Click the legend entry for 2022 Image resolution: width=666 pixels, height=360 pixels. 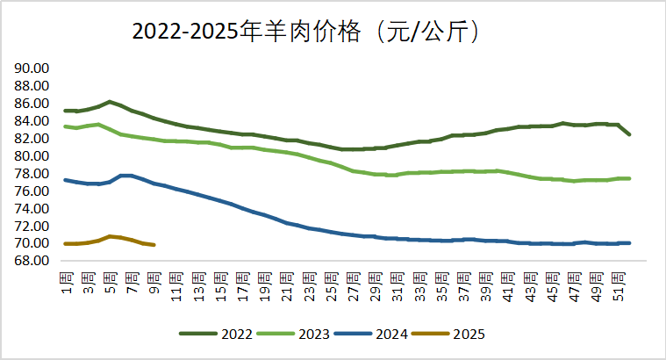[216, 334]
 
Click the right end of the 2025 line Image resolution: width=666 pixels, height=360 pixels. [154, 245]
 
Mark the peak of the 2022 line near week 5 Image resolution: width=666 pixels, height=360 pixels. [110, 102]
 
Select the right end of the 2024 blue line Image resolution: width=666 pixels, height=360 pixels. [629, 242]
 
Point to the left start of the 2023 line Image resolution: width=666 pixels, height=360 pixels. [66, 126]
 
